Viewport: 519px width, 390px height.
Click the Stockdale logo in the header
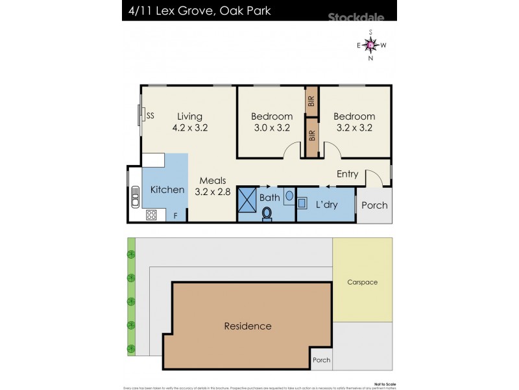coord(357,18)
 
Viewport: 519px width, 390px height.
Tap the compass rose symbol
coord(370,45)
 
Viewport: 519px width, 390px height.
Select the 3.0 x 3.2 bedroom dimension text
coord(272,127)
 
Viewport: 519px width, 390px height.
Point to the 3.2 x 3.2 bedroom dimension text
coord(354,127)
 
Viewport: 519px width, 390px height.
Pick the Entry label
coord(347,174)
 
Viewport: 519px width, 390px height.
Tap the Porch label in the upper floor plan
coord(374,205)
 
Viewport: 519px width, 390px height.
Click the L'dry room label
coord(328,204)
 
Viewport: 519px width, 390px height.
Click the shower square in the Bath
coord(248,198)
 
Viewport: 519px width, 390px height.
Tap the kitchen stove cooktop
coord(151,214)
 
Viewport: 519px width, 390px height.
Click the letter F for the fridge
coord(175,215)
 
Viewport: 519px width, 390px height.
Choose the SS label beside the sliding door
coord(150,116)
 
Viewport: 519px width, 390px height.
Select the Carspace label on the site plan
coord(362,282)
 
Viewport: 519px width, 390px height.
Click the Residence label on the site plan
coord(248,326)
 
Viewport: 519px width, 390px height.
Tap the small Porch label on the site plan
coord(321,359)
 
